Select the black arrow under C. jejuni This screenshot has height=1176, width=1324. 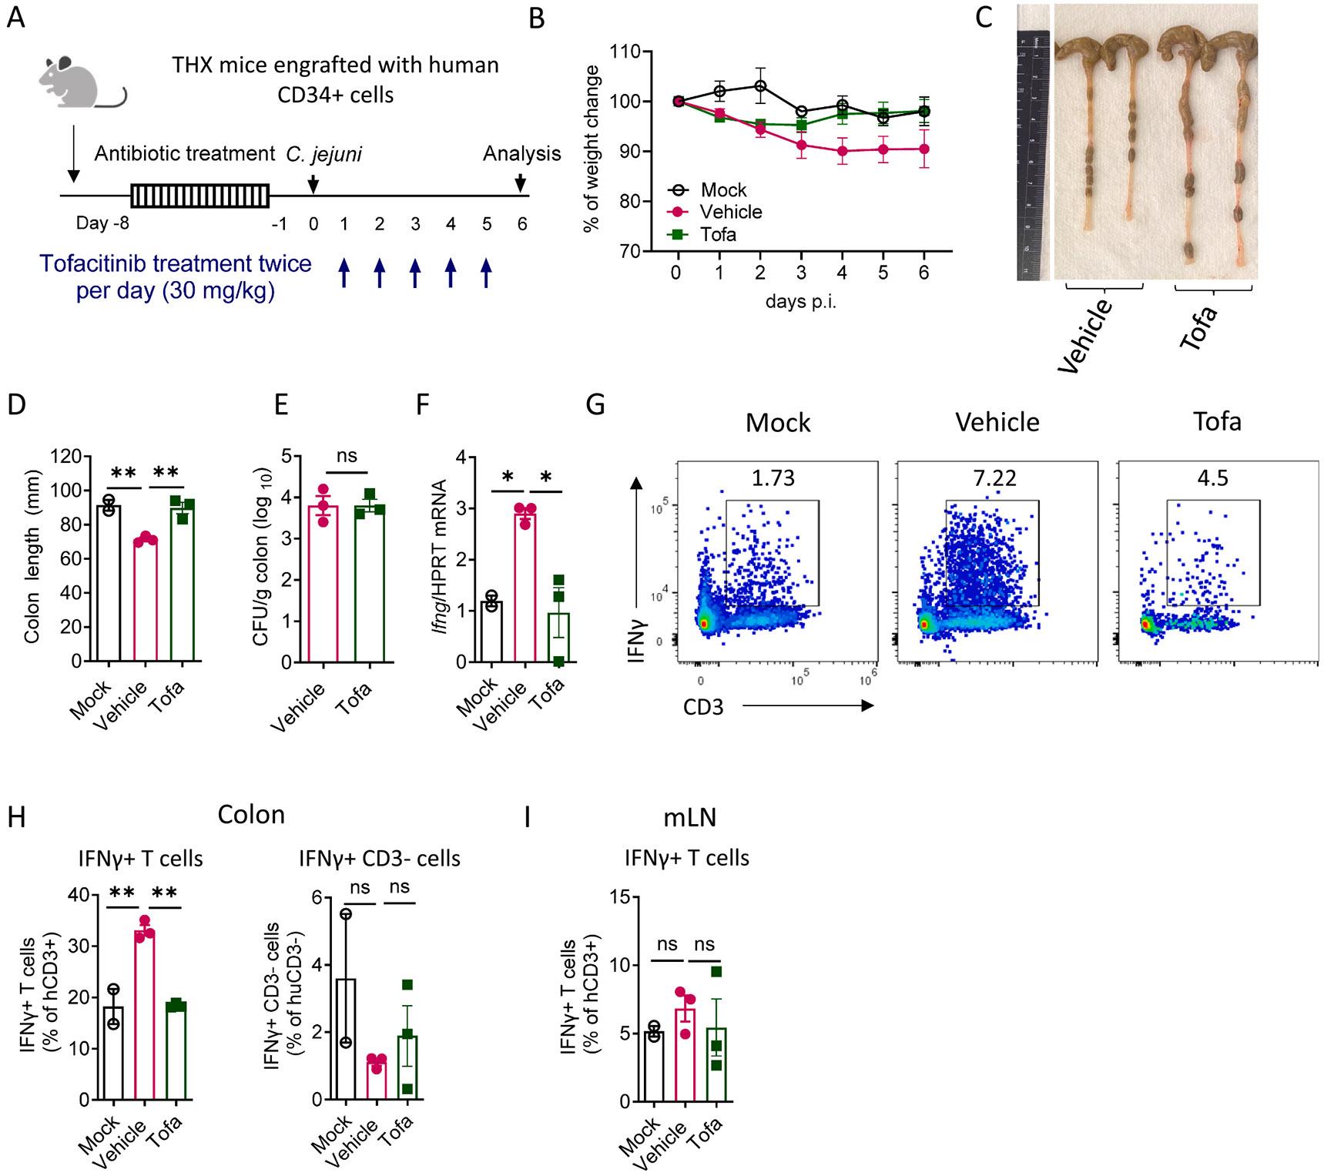click(313, 185)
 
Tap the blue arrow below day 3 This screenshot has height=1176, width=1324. click(415, 273)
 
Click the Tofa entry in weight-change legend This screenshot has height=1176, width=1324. click(718, 234)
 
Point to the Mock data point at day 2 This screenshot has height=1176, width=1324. click(759, 85)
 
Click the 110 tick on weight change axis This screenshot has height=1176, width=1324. click(625, 52)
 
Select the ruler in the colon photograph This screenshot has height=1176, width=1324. click(1033, 154)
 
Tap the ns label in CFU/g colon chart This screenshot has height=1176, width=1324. click(347, 455)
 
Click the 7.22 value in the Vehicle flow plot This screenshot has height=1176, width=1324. click(994, 478)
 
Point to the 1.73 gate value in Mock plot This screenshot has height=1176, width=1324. click(773, 478)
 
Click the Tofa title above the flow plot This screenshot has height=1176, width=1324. click(1217, 421)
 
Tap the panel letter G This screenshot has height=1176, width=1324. click(595, 404)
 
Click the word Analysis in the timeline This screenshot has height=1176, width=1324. click(521, 153)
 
